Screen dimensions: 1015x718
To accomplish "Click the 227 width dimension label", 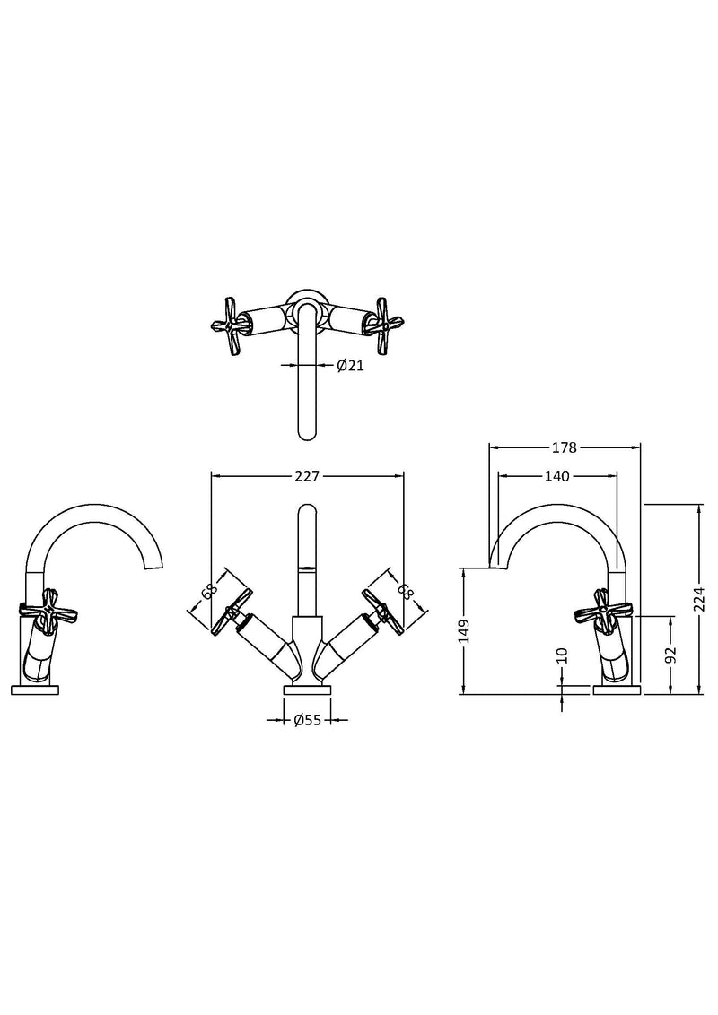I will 307,477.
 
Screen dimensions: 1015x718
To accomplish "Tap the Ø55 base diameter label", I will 307,718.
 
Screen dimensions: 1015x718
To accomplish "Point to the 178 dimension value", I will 565,447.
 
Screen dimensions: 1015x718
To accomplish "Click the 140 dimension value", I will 556,476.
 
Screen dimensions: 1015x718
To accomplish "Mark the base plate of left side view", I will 35,690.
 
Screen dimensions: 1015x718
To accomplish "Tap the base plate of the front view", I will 307,690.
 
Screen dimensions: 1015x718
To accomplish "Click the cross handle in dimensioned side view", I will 605,607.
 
